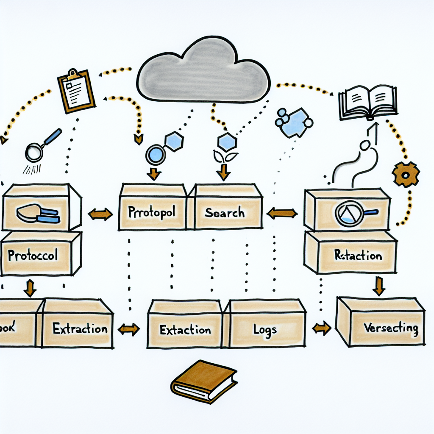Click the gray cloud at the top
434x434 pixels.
[203, 72]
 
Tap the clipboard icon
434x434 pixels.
[76, 91]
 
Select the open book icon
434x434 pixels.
[368, 102]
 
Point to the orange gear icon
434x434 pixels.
[406, 174]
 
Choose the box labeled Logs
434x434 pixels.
[265, 328]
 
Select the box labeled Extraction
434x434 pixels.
[78, 328]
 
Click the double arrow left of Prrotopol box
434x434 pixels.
[100, 214]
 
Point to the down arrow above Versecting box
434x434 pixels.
[378, 286]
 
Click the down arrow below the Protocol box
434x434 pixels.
[30, 288]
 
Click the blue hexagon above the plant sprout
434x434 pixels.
[228, 142]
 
